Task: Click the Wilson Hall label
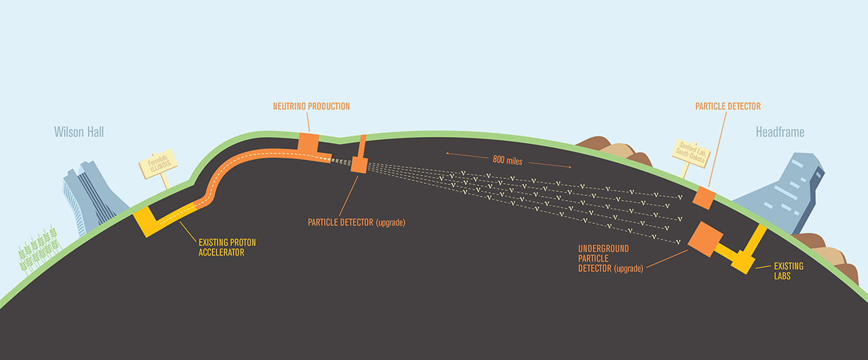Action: (x=79, y=132)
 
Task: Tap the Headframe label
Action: (x=780, y=132)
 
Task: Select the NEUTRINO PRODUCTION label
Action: (x=311, y=106)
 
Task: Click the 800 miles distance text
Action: (x=507, y=159)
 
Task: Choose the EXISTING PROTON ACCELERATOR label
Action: (x=227, y=247)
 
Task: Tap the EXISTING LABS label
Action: (x=789, y=271)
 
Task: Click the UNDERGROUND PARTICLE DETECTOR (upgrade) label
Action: (x=610, y=258)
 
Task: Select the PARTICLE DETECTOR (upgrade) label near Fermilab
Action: (x=357, y=222)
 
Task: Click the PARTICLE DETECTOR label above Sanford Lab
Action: (x=728, y=106)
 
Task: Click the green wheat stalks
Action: (x=39, y=248)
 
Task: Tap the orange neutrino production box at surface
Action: (x=309, y=143)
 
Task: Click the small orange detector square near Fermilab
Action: (x=359, y=165)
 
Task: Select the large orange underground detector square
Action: (x=705, y=239)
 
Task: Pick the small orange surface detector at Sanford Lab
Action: (x=704, y=198)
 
